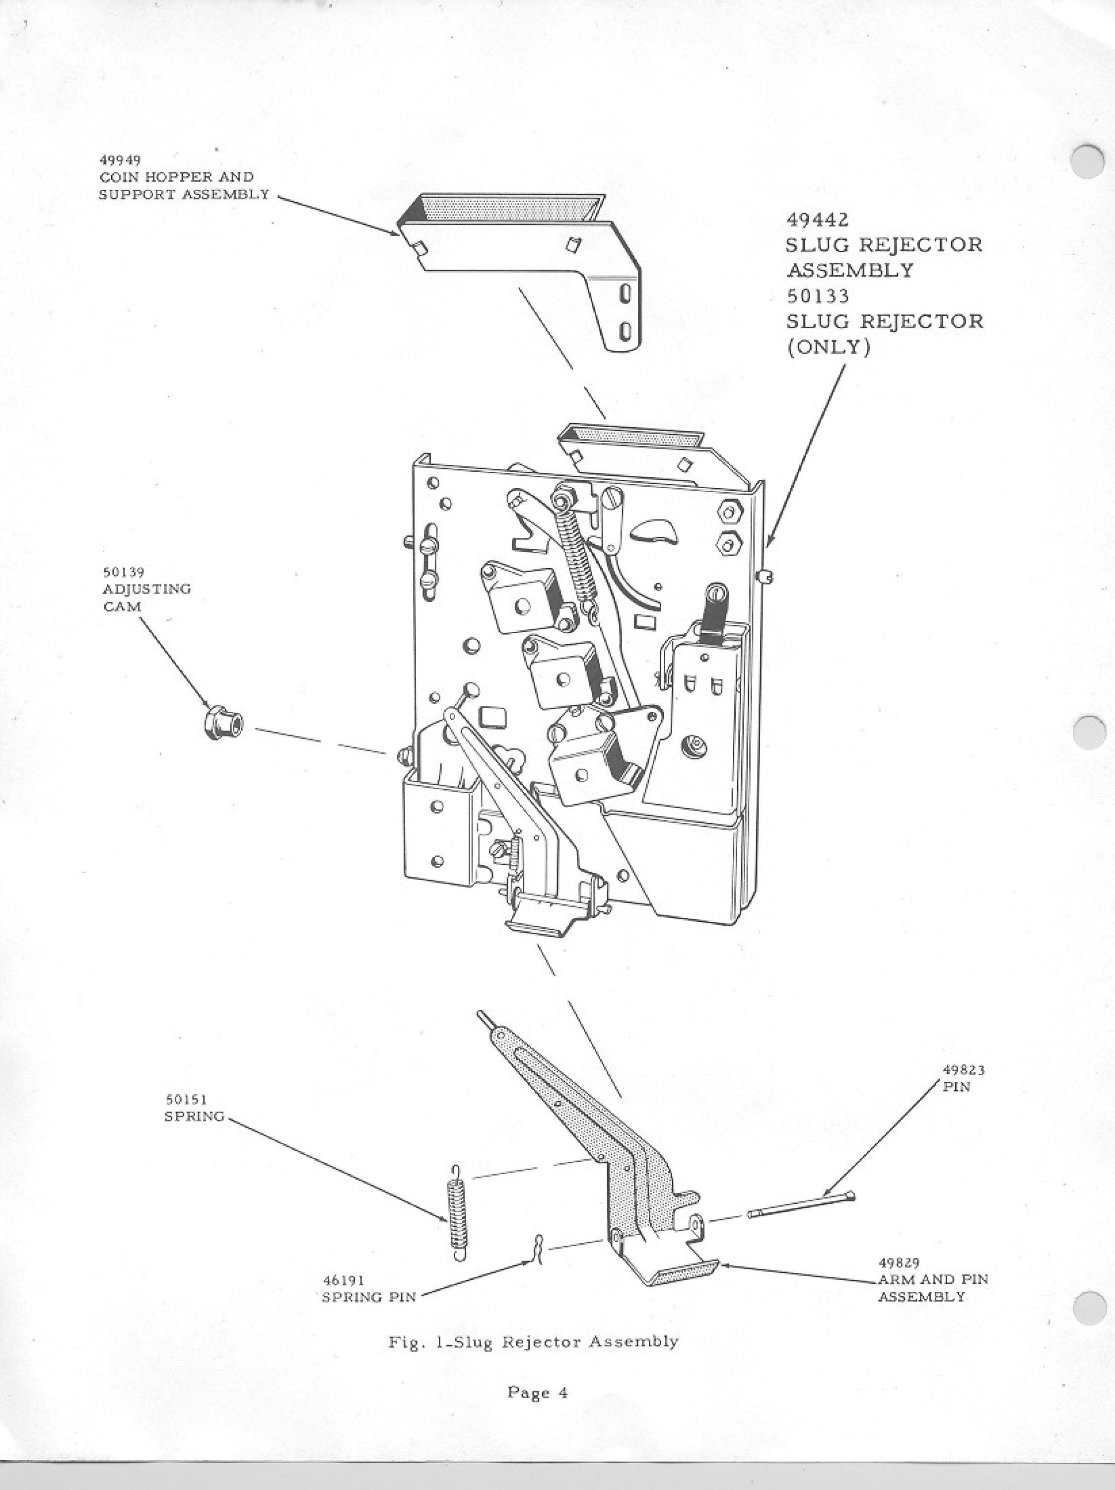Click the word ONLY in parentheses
coord(828,347)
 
